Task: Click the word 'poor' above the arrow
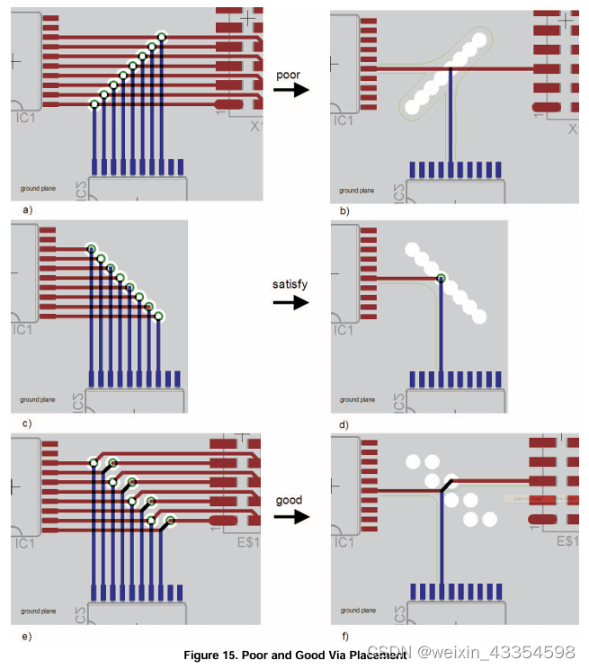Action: click(x=289, y=76)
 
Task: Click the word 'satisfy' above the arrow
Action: click(x=290, y=284)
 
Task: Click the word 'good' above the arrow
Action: click(x=289, y=500)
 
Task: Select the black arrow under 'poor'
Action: click(x=290, y=90)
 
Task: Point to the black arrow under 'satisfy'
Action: click(x=290, y=303)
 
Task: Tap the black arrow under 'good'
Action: click(x=290, y=517)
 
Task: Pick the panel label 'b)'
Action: click(x=344, y=210)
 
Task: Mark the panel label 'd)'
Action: click(x=344, y=424)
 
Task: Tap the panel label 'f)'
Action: click(x=344, y=636)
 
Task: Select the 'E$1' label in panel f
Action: click(x=567, y=541)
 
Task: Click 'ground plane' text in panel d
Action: click(x=357, y=400)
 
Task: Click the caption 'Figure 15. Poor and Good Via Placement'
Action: click(x=295, y=656)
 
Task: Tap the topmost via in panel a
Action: click(x=162, y=37)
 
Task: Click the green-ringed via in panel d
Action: click(x=441, y=277)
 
